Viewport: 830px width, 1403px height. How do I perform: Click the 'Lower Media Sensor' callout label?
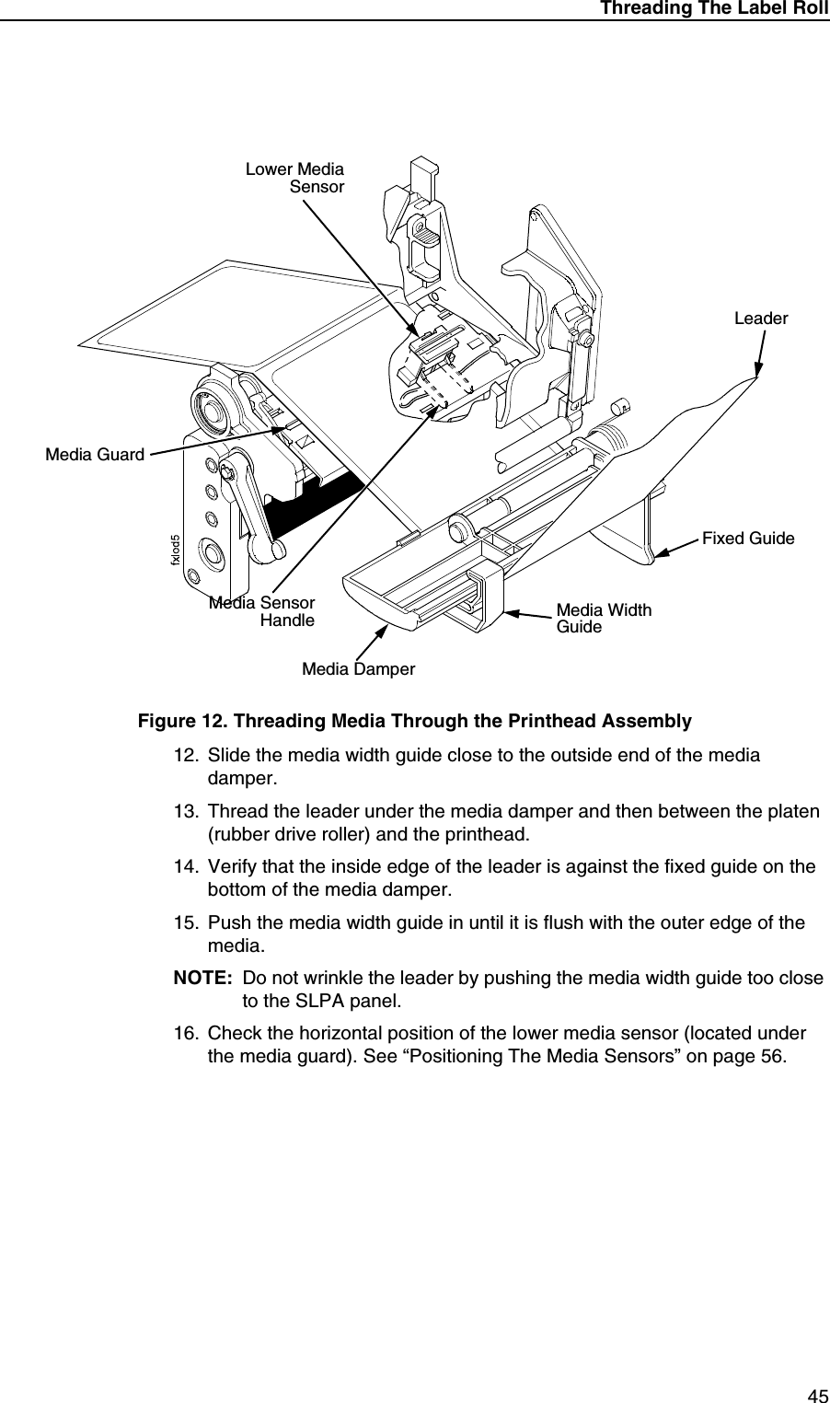(x=294, y=178)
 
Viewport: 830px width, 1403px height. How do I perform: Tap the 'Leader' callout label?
(x=760, y=319)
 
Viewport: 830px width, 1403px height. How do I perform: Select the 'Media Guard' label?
(x=95, y=454)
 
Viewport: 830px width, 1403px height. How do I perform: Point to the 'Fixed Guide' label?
(x=747, y=538)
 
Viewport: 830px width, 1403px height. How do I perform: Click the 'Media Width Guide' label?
(x=603, y=618)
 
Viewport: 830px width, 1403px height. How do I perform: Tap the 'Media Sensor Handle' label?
(x=262, y=611)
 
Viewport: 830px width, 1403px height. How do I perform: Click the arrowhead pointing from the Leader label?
(x=757, y=373)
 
